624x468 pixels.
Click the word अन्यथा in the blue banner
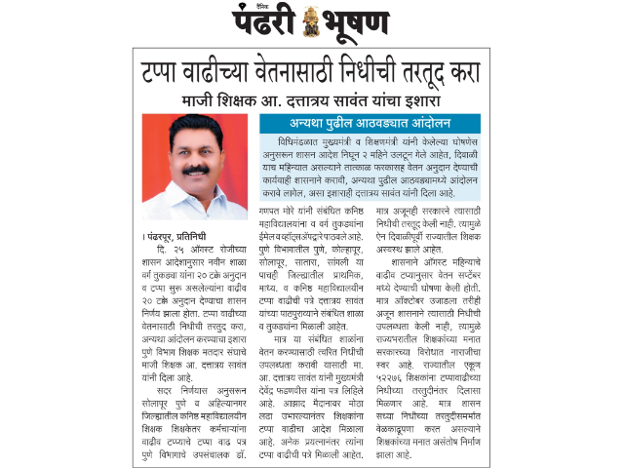(313, 124)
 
